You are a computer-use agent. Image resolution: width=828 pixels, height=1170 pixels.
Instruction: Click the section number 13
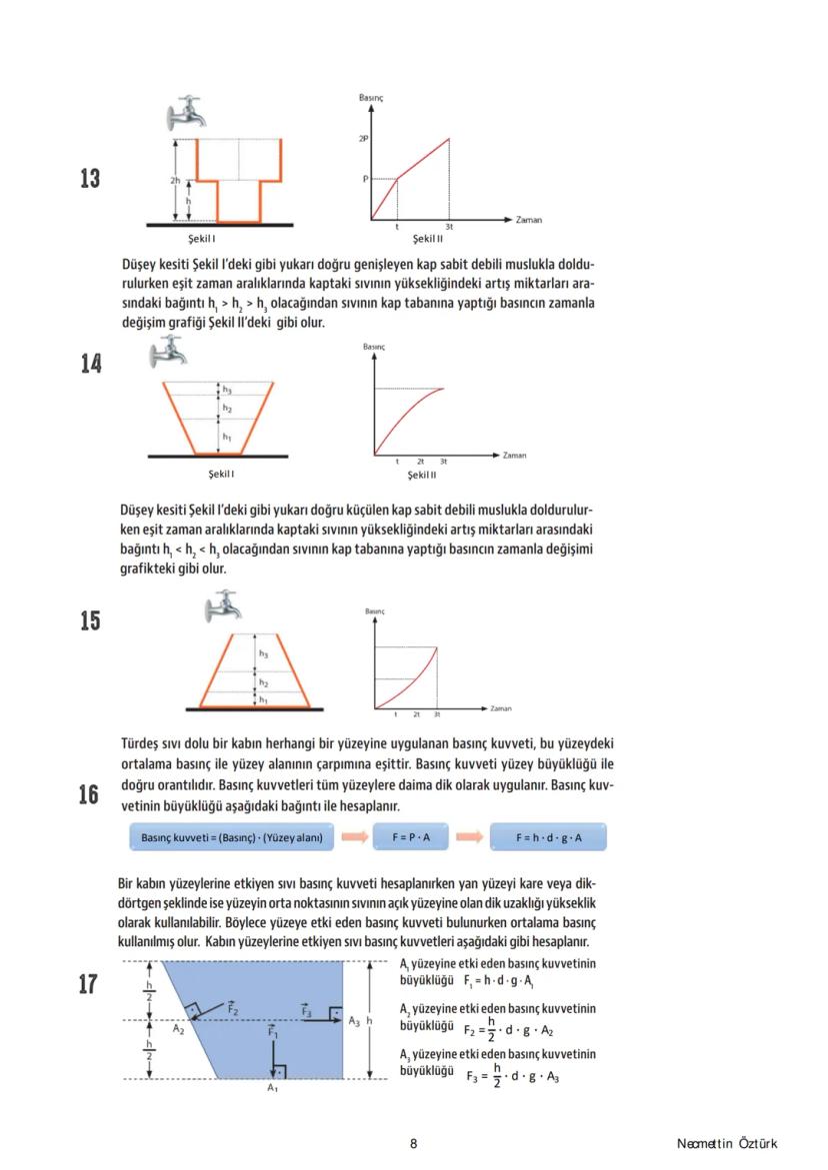[x=90, y=179]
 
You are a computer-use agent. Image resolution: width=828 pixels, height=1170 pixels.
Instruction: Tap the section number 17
[x=90, y=984]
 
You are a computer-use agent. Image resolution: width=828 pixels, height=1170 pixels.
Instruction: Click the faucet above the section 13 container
[x=185, y=114]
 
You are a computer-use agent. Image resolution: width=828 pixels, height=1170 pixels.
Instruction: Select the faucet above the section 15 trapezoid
[x=224, y=605]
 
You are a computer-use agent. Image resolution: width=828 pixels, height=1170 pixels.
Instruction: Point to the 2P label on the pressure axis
[x=363, y=138]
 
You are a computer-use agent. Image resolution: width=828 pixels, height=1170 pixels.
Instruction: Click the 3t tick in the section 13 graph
[x=449, y=228]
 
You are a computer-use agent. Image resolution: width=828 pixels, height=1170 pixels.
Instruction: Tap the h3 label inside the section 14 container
[x=227, y=389]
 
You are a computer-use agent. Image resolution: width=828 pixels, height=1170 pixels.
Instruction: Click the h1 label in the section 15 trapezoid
[x=263, y=700]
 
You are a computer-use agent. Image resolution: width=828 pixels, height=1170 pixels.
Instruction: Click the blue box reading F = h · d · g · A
[x=549, y=837]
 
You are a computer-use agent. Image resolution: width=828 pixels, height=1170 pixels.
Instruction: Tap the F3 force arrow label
[x=308, y=1010]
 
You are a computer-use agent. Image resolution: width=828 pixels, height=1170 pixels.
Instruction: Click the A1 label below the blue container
[x=272, y=1088]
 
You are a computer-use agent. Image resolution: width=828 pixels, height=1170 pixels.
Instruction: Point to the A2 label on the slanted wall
[x=178, y=1027]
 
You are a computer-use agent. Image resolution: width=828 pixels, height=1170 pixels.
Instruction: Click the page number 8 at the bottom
[x=413, y=1144]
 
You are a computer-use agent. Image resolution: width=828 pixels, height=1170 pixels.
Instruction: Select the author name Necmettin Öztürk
[x=726, y=1144]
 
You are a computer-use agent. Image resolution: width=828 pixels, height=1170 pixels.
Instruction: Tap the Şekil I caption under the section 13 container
[x=201, y=239]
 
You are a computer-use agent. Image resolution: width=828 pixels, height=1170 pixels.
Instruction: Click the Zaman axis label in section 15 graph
[x=501, y=708]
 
